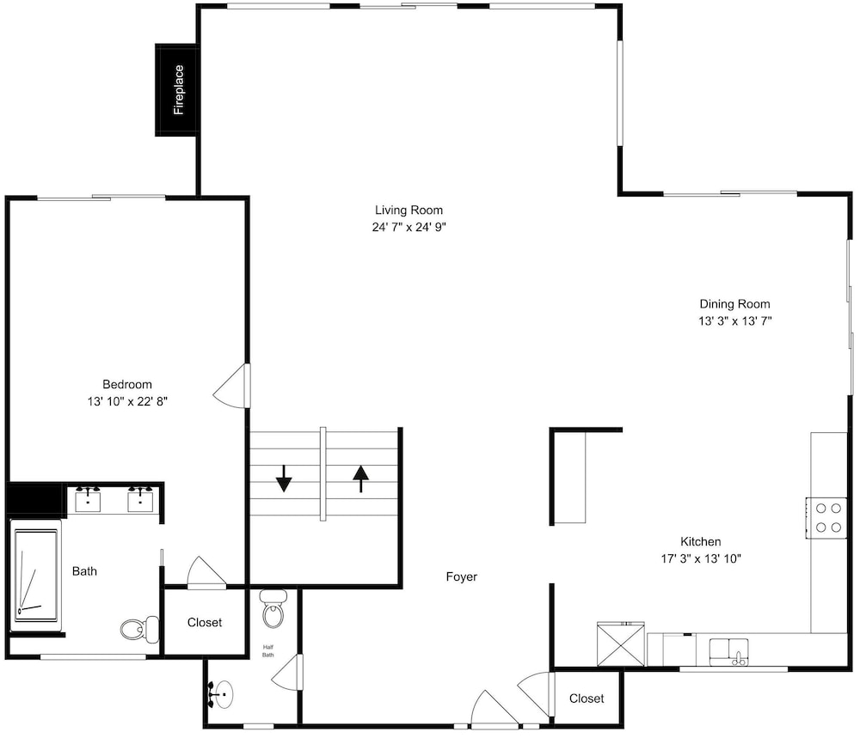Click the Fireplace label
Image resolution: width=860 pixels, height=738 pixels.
click(x=179, y=90)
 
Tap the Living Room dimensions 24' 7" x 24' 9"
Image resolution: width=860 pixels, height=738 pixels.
click(x=409, y=227)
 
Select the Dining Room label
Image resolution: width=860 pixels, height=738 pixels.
click(x=734, y=304)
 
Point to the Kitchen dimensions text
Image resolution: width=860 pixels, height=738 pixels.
click(x=701, y=558)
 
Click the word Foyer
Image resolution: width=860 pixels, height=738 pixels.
click(x=461, y=577)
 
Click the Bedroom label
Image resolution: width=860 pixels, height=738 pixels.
click(x=127, y=384)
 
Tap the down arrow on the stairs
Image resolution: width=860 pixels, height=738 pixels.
click(x=284, y=479)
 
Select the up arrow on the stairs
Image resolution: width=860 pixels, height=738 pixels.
click(x=360, y=479)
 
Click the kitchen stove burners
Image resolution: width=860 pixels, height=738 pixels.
click(x=827, y=518)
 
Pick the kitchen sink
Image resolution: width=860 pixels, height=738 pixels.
click(x=729, y=651)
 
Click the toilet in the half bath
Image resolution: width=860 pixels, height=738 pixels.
click(x=273, y=608)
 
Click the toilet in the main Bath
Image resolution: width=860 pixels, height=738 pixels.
click(x=139, y=629)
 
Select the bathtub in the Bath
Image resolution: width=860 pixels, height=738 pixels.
click(x=35, y=575)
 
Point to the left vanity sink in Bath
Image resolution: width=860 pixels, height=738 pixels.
click(x=88, y=499)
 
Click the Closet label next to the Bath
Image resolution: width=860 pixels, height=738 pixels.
click(x=205, y=622)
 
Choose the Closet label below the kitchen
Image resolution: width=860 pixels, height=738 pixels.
click(x=587, y=698)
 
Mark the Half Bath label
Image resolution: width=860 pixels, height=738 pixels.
click(x=268, y=651)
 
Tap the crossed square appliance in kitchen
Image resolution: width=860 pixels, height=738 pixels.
click(x=620, y=644)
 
